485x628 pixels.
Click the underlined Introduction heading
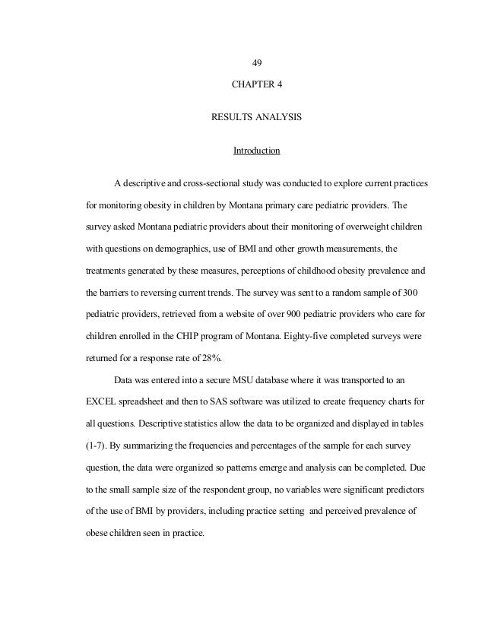[x=256, y=151]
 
